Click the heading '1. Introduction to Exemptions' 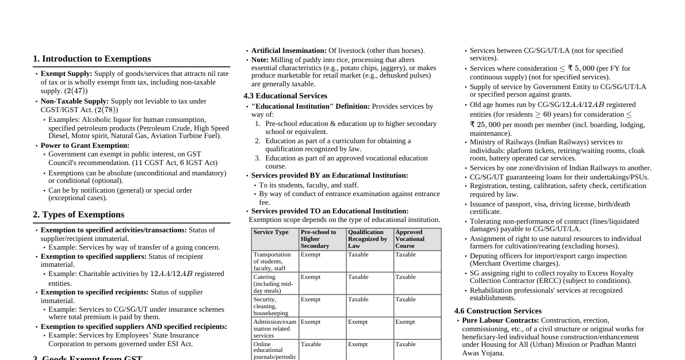tap(91, 59)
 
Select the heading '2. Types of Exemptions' tap(78, 215)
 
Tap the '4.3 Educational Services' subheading tap(285, 96)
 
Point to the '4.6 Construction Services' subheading tap(498, 311)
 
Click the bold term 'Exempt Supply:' tap(66, 74)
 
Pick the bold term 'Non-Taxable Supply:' tap(74, 101)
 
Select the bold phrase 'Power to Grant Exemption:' tap(85, 145)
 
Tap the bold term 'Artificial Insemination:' tap(289, 51)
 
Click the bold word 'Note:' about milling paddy tap(260, 60)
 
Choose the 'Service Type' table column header tap(271, 232)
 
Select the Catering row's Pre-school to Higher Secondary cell tap(311, 277)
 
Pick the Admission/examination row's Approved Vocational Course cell tap(405, 322)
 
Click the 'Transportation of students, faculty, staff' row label tap(273, 261)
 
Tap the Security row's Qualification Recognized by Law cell tap(358, 300)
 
